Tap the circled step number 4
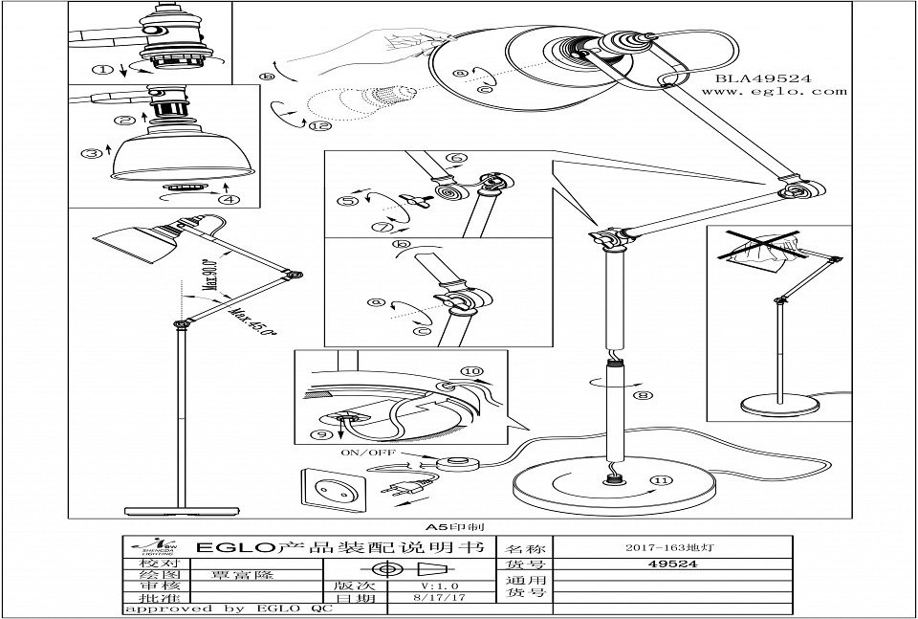click(226, 200)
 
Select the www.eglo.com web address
click(775, 93)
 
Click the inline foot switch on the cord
click(459, 466)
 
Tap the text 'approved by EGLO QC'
click(228, 608)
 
